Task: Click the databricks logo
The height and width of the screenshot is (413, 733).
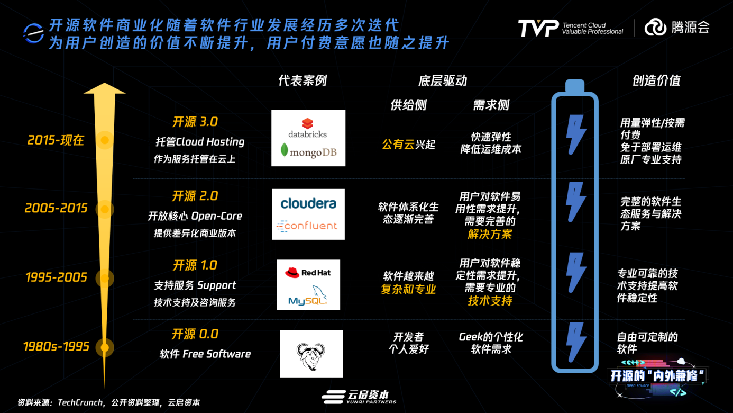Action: coord(308,128)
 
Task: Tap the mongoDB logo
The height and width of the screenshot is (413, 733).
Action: coord(308,151)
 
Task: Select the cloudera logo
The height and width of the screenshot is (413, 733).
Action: coord(308,204)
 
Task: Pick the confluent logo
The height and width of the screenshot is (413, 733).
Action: coord(307,226)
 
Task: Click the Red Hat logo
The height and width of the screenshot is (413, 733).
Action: coord(308,273)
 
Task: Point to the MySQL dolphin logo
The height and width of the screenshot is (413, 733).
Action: coord(308,295)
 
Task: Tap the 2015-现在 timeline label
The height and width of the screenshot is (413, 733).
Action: coord(56,140)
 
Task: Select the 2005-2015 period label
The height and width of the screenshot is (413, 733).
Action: coord(56,208)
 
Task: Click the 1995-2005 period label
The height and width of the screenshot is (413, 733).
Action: coord(56,277)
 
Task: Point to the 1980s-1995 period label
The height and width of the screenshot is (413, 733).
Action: coord(56,346)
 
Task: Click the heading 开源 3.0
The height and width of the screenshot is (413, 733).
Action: coord(195,122)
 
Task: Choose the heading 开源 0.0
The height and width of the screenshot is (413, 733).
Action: coord(195,334)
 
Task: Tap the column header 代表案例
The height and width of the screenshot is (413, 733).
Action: coord(303,80)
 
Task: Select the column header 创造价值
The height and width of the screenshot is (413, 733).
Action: coord(656,80)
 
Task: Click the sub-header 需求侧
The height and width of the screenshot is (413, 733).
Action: coord(491,105)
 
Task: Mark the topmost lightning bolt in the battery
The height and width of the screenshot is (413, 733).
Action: coord(575,134)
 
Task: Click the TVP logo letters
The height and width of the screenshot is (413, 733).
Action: coord(538,28)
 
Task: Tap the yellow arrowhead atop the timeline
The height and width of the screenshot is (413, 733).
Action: coord(104,89)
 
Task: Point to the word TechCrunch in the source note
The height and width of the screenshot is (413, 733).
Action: coord(80,402)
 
